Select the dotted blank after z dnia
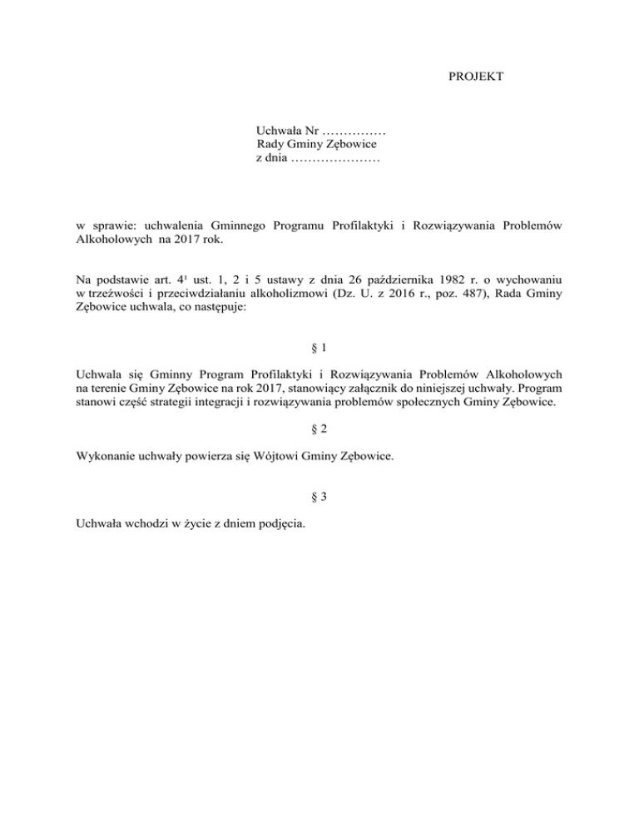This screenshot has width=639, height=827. pos(336,158)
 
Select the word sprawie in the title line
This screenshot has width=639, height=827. pos(111,225)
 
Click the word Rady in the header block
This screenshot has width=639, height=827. pos(272,145)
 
